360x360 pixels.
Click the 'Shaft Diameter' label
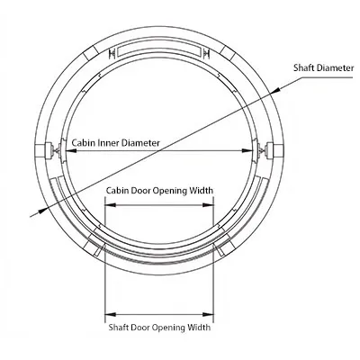pyautogui.click(x=323, y=67)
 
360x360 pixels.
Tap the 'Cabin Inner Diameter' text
pyautogui.click(x=116, y=143)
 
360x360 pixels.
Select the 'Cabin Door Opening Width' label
pyautogui.click(x=159, y=191)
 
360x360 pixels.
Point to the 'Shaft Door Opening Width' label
pyautogui.click(x=159, y=327)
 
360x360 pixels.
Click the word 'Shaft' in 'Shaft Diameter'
pyautogui.click(x=304, y=67)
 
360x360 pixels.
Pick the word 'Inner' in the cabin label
pyautogui.click(x=110, y=143)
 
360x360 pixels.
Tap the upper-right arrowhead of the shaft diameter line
pyautogui.click(x=275, y=90)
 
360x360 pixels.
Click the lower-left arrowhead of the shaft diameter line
pyautogui.click(x=43, y=210)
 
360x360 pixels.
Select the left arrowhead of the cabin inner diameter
pyautogui.click(x=71, y=151)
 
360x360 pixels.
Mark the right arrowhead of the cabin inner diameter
pyautogui.click(x=247, y=151)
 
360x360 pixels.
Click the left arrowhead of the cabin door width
pyautogui.click(x=110, y=205)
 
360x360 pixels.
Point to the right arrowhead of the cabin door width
pyautogui.click(x=208, y=205)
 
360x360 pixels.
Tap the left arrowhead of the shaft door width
pyautogui.click(x=110, y=314)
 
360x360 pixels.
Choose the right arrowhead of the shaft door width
pyautogui.click(x=208, y=314)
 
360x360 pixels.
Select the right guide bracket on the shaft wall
pyautogui.click(x=273, y=150)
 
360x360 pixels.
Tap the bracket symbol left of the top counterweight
pyautogui.click(x=112, y=54)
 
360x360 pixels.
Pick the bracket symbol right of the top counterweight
pyautogui.click(x=206, y=54)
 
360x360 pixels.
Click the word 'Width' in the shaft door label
pyautogui.click(x=199, y=327)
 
